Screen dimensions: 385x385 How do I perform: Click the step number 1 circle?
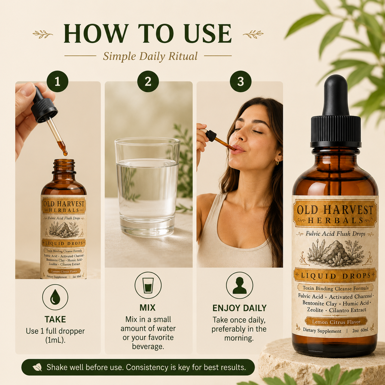(x=57, y=82)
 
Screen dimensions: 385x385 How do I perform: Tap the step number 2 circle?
(x=148, y=82)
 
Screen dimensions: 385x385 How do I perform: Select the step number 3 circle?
(x=241, y=82)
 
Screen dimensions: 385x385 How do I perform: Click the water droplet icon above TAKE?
(x=55, y=297)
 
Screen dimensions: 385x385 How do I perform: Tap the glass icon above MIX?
(x=148, y=285)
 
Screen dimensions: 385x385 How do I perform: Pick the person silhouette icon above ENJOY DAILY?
(x=239, y=285)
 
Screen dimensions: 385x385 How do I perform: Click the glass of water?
(x=147, y=187)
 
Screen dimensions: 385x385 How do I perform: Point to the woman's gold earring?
(x=277, y=162)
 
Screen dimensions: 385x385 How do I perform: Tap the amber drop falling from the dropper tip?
(x=65, y=154)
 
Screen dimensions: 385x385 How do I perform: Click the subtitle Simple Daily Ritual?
(x=150, y=56)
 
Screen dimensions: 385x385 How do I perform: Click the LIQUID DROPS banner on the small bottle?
(x=64, y=243)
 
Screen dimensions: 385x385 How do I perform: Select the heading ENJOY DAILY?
(x=239, y=308)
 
